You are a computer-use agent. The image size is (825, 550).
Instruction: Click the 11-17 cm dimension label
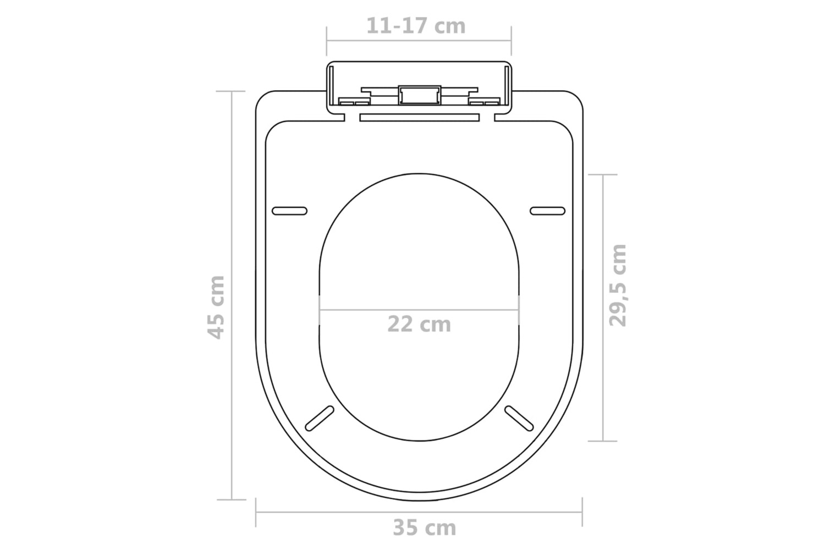pyautogui.click(x=416, y=26)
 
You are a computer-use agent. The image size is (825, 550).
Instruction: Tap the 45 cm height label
pyautogui.click(x=216, y=307)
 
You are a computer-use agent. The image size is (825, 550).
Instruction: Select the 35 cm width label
pyautogui.click(x=424, y=527)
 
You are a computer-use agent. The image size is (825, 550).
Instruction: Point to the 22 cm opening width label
pyautogui.click(x=419, y=324)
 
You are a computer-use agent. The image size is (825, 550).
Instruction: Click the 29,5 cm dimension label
pyautogui.click(x=617, y=285)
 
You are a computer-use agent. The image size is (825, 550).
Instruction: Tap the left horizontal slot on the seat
pyautogui.click(x=289, y=211)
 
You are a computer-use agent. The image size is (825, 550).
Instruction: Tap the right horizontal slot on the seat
pyautogui.click(x=548, y=211)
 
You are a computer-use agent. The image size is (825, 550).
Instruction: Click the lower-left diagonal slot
pyautogui.click(x=320, y=419)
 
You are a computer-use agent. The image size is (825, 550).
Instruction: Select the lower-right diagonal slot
pyautogui.click(x=519, y=419)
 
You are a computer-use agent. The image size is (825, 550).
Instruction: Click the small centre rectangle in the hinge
pyautogui.click(x=420, y=95)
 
